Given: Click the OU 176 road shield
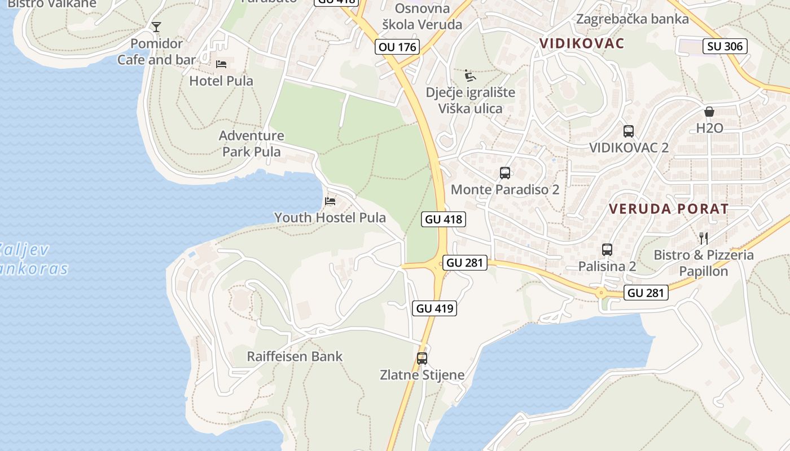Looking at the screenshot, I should (x=398, y=47).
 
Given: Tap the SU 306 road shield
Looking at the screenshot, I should (x=725, y=46).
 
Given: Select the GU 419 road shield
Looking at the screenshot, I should (x=434, y=308).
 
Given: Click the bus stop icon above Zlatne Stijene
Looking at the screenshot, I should (x=422, y=358).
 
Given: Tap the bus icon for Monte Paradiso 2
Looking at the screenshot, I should (x=505, y=173).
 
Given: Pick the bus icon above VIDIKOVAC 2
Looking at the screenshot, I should (x=628, y=131).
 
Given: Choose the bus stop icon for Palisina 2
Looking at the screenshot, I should (x=607, y=249).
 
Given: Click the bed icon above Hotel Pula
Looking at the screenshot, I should (x=221, y=64).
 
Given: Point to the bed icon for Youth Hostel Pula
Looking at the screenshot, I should (x=330, y=201).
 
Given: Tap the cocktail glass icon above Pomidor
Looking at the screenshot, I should (x=156, y=27).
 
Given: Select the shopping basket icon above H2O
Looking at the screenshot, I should (x=709, y=112).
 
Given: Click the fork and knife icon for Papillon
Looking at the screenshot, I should (x=703, y=238).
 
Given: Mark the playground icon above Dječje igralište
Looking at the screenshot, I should (x=469, y=76).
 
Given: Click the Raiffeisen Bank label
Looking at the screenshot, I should (x=295, y=356).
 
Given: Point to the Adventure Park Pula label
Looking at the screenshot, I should (x=252, y=143).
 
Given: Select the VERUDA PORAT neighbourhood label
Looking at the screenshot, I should (x=669, y=209).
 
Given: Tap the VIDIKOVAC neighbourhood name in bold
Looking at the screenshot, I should (x=582, y=43).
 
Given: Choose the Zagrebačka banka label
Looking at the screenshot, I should (x=632, y=19).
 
